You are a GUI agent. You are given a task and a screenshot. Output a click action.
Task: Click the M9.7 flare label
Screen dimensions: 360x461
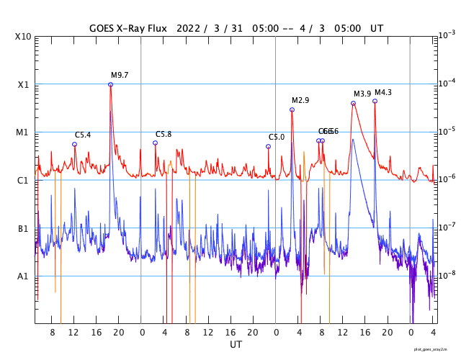pos(120,75)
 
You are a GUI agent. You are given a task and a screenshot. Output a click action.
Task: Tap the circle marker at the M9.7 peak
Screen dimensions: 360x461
pos(110,84)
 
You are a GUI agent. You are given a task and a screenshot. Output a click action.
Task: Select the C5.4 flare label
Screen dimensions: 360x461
pos(83,135)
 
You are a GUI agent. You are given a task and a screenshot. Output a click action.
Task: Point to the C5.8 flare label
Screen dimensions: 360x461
pos(164,134)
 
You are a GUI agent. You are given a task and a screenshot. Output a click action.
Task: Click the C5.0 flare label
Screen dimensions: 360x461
pos(277,137)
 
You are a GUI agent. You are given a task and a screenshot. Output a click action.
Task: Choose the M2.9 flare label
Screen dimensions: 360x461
pos(300,100)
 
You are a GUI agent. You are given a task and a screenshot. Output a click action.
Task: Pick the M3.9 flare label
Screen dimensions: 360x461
pos(362,94)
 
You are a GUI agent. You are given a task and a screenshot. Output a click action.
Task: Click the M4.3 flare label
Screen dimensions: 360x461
pos(383,92)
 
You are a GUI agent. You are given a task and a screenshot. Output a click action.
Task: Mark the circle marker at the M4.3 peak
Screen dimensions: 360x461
pos(375,101)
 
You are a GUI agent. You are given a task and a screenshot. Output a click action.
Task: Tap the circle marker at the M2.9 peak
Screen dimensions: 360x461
pos(292,109)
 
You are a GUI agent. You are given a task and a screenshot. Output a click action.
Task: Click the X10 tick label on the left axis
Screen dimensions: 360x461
pos(24,37)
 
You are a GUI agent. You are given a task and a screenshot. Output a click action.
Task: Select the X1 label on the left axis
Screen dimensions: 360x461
pos(24,84)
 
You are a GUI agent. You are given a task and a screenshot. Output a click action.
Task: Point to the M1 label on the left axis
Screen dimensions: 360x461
pos(24,132)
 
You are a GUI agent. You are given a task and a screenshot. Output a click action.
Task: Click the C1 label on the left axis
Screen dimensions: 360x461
pos(24,180)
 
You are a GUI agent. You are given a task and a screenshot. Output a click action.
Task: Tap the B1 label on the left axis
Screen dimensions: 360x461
pos(24,228)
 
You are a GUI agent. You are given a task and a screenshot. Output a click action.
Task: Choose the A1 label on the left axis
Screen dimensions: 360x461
pos(24,276)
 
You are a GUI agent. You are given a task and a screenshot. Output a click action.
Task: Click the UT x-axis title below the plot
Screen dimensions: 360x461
pos(236,345)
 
